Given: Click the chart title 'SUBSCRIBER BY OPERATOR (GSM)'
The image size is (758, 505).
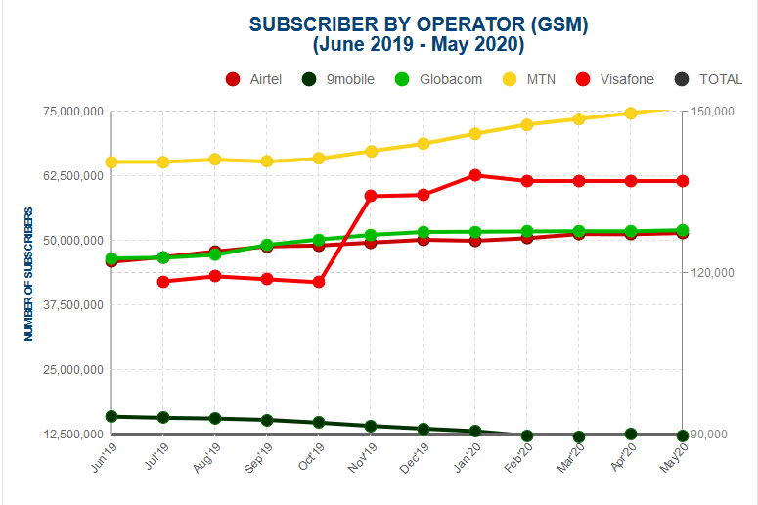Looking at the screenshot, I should coord(419,24).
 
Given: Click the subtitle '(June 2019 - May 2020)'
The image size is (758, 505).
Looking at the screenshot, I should coord(419,45).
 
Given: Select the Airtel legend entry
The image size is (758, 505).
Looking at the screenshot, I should coord(254,79).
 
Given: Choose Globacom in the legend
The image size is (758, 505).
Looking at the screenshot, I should coord(439,79).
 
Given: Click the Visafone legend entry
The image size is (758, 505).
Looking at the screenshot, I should coord(615,79).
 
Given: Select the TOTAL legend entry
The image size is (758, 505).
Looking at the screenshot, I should coord(709,79).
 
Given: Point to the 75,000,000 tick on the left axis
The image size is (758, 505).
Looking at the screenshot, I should coord(73,112).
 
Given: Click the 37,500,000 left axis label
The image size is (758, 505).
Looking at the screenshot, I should coord(73,305).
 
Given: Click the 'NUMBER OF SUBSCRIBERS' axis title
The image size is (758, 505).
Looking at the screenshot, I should coord(29,273).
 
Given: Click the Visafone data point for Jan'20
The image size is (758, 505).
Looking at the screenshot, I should coord(475,175).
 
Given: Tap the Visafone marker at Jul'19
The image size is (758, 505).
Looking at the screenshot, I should coord(163,282).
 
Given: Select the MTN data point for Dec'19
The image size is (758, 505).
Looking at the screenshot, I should coord(423,144).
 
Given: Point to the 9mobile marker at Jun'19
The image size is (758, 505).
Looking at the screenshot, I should coord(111,417).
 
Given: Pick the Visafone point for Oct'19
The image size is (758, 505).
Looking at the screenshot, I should coord(319,283).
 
